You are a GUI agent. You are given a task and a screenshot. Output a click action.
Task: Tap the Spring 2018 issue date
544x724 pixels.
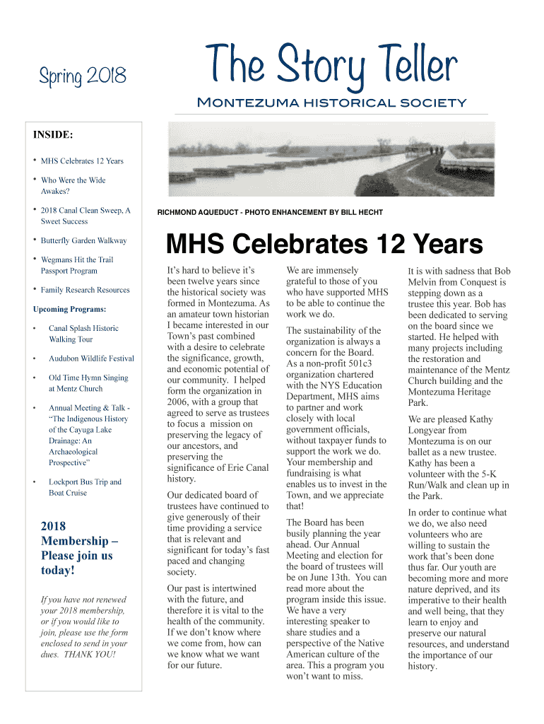pos(82,74)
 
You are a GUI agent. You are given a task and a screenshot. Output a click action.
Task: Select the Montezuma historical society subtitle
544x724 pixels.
pos(331,103)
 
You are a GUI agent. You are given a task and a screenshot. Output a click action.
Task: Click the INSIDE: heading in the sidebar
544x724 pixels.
pos(53,134)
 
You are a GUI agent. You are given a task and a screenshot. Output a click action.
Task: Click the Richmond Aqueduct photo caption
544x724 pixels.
pos(270,212)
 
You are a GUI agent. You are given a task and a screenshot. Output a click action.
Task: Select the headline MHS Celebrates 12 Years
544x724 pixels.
pos(324,245)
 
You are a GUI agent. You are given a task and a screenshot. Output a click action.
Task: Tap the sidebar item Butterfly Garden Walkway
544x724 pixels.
pos(83,240)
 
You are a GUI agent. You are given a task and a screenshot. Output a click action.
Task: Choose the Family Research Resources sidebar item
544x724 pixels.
pos(85,290)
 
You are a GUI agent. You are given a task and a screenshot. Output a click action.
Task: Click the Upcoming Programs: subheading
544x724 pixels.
pos(70,309)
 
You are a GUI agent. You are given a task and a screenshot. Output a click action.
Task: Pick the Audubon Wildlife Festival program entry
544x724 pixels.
pos(91,358)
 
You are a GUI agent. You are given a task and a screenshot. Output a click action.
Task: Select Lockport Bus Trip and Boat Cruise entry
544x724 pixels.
pos(85,487)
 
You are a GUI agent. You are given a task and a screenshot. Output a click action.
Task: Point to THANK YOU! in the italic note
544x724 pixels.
pos(90,654)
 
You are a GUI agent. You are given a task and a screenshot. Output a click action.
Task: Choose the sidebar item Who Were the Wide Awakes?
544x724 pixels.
pos(73,185)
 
